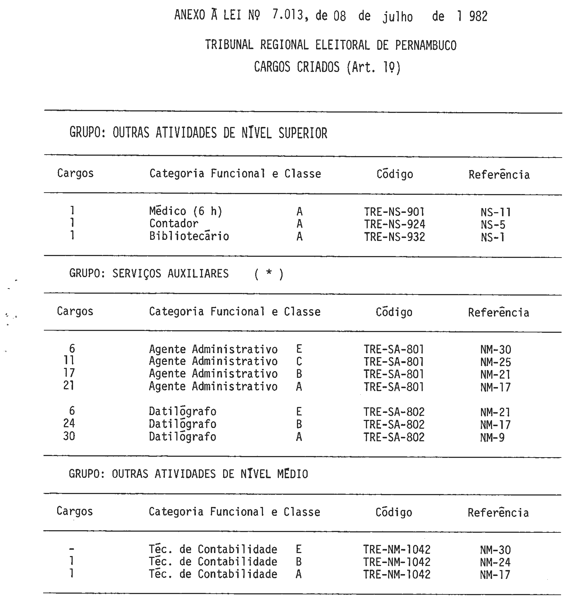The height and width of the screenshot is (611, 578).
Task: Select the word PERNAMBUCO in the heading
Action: [426, 45]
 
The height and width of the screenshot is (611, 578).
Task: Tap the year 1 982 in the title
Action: [472, 16]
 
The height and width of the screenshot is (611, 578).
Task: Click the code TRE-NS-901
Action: [394, 212]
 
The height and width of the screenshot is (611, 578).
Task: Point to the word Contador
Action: [174, 224]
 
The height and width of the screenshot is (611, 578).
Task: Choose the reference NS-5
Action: [493, 225]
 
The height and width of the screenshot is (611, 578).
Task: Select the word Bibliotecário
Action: [189, 236]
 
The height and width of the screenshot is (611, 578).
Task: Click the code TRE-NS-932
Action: [394, 237]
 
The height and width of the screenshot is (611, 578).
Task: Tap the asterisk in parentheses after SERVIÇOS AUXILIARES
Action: [269, 274]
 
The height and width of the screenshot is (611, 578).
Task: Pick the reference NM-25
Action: [495, 362]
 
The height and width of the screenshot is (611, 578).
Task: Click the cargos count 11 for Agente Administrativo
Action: [69, 360]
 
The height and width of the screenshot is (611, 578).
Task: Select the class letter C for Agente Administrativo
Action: [299, 362]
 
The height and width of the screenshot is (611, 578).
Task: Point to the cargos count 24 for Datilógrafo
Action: [69, 423]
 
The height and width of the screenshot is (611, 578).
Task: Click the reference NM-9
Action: [492, 438]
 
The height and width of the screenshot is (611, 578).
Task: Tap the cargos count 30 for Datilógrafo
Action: [69, 436]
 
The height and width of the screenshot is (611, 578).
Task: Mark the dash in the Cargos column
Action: [71, 549]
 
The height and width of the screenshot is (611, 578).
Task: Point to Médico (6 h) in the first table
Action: [186, 211]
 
